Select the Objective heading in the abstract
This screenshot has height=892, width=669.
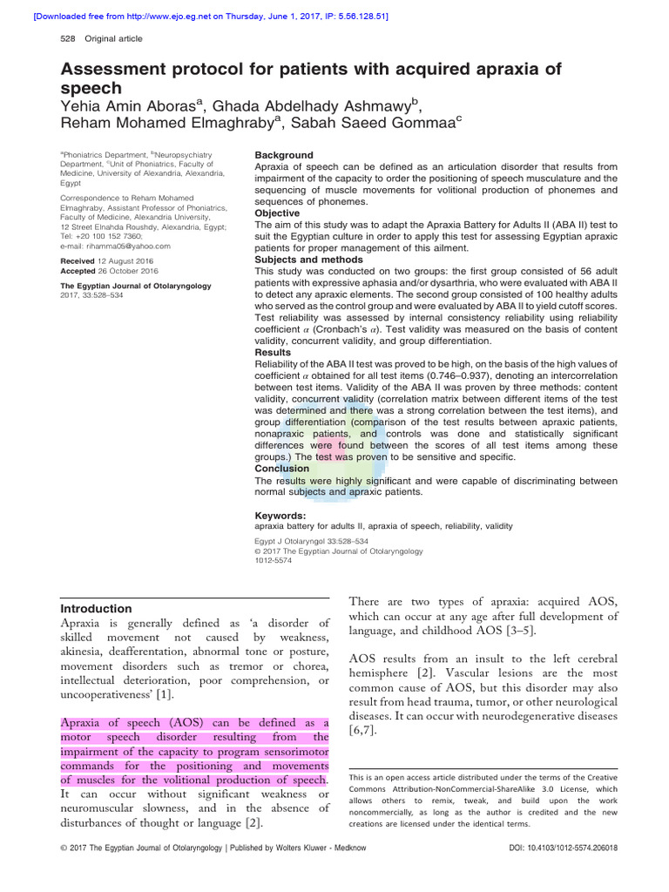tap(277, 213)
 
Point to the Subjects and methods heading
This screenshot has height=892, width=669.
tap(308, 260)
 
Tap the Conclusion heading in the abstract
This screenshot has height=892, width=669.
tap(281, 469)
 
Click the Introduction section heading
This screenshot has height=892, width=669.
tap(96, 608)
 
